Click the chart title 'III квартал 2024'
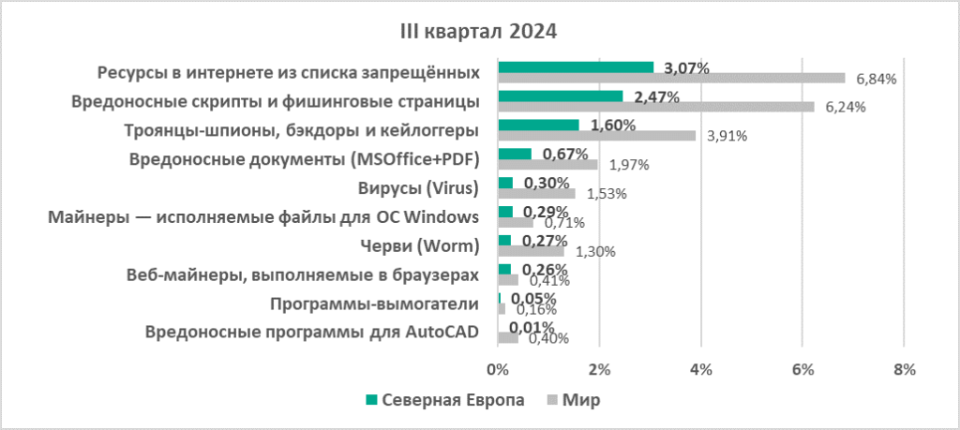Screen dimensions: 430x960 479,32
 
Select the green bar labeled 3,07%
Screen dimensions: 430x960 576,67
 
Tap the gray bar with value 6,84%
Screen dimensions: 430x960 671,78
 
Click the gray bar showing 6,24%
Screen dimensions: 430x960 656,107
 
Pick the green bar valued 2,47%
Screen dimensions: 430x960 561,96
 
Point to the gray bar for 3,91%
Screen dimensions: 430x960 597,136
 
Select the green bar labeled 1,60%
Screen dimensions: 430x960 538,125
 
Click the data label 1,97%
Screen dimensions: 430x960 630,165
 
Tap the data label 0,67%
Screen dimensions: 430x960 562,154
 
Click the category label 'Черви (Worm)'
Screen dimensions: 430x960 422,245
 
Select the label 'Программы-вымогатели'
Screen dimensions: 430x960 374,304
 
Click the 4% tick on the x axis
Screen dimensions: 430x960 700,369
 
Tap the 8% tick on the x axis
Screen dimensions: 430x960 904,369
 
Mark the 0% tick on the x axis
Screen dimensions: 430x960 497,369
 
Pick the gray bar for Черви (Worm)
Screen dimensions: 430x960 531,252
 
